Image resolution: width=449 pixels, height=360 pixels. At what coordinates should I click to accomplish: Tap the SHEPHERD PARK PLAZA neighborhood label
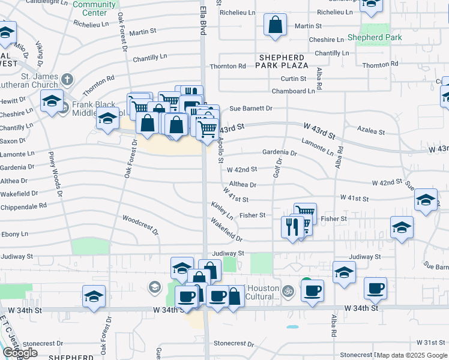283,61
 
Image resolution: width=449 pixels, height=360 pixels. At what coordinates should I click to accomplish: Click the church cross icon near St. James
67,79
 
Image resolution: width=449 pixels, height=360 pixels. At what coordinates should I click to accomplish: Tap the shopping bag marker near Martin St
275,26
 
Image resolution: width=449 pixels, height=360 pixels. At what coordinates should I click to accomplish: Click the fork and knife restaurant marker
292,227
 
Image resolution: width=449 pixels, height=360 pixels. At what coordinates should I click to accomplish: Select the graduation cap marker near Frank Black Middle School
107,119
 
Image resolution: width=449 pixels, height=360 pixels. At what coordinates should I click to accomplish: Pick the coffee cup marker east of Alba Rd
375,288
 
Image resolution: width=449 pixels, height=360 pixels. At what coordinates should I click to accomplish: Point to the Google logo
20,353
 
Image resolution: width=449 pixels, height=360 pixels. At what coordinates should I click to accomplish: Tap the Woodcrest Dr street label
140,224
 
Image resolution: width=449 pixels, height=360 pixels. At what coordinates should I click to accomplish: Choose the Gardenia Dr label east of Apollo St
280,153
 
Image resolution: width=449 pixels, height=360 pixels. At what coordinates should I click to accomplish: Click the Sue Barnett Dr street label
251,109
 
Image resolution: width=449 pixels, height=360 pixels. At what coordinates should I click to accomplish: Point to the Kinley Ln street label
221,209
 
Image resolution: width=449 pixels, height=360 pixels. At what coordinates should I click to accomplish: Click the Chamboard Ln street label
293,91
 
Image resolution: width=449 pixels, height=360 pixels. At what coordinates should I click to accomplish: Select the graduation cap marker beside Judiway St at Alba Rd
344,272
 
